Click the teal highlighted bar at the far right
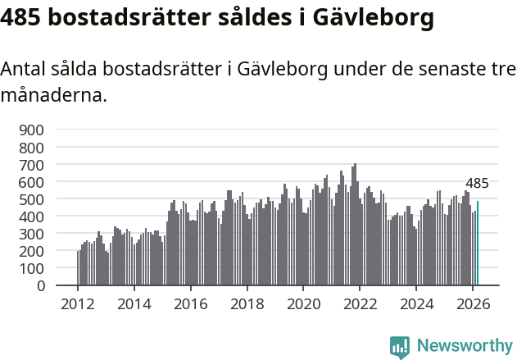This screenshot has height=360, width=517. tap(478, 244)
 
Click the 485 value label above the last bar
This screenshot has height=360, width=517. tap(477, 184)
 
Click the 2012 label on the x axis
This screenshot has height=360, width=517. tap(78, 303)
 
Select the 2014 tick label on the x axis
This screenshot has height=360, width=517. tap(134, 303)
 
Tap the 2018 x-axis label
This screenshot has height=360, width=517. tap(247, 303)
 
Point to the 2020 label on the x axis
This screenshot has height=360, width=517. tap(303, 303)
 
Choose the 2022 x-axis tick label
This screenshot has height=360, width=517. tap(360, 303)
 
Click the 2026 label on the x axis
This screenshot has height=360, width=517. tap(473, 303)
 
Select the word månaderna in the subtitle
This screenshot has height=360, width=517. tap(54, 95)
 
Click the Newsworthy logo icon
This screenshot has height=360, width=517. tap(400, 347)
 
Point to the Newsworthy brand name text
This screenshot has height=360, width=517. tap(464, 347)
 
